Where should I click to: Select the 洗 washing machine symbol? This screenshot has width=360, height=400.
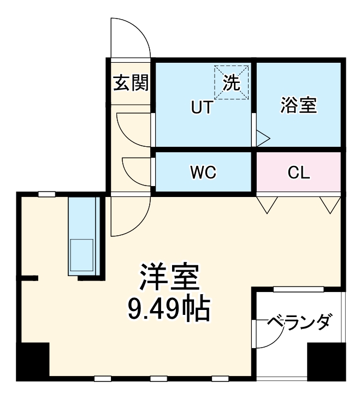pyautogui.click(x=231, y=82)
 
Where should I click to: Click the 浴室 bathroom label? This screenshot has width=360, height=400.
pyautogui.click(x=298, y=105)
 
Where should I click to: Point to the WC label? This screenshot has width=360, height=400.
pyautogui.click(x=203, y=172)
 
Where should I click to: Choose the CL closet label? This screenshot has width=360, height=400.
pyautogui.click(x=299, y=172)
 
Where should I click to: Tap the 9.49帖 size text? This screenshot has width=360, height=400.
pyautogui.click(x=168, y=309)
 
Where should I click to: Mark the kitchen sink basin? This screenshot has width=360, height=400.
pyautogui.click(x=81, y=254)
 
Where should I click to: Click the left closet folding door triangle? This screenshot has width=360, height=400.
pyautogui.click(x=268, y=205)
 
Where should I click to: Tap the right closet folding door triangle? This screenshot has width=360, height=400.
pyautogui.click(x=330, y=205)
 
